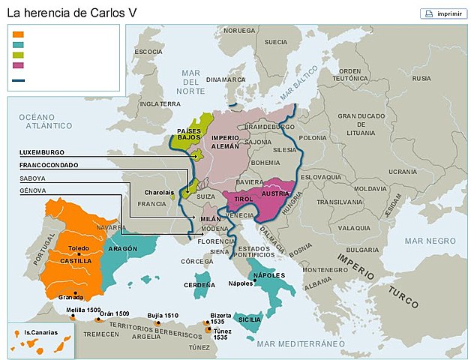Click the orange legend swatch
tap(19, 34)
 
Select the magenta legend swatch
tap(19, 64)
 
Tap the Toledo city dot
tap(79, 255)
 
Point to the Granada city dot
tap(76, 292)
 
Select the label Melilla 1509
tap(83, 310)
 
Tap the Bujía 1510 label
tap(163, 316)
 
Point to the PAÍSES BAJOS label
tap(188, 134)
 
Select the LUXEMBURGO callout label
tap(41, 152)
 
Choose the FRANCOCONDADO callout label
tap(49, 165)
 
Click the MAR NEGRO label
tap(430, 240)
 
